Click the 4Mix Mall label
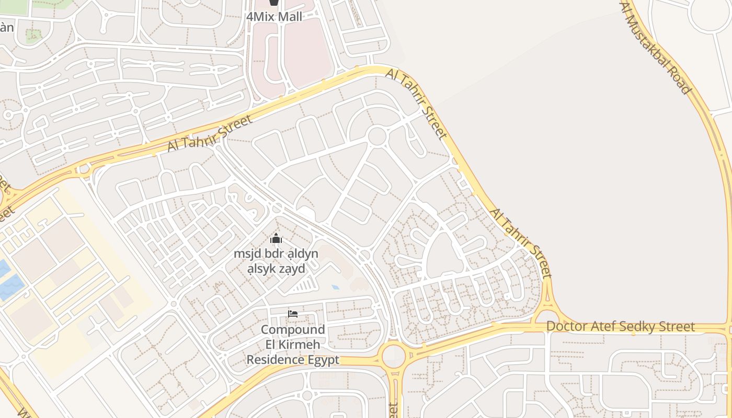point(274,17)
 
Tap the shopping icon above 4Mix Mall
point(274,3)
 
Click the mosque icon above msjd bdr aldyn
point(276,239)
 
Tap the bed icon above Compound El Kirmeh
point(293,314)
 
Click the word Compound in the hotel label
point(293,330)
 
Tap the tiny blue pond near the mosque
point(335,287)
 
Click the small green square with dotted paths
point(33,36)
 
